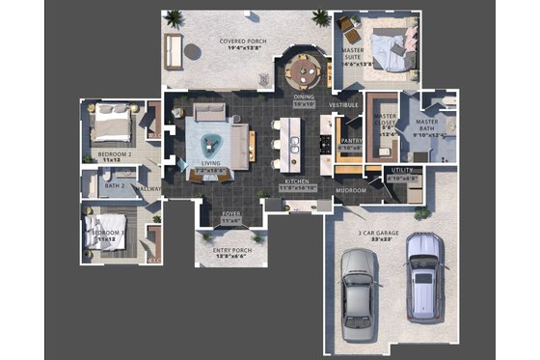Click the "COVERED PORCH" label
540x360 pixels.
243,42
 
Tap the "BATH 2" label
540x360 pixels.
116,185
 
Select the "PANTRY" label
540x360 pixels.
350,141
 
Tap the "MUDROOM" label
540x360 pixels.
350,190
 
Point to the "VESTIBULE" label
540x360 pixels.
343,104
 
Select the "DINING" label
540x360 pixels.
304,97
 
